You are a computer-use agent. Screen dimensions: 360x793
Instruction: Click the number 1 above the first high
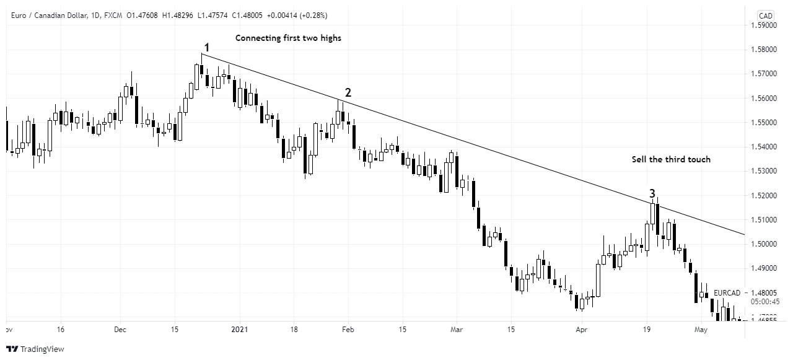pyautogui.click(x=207, y=47)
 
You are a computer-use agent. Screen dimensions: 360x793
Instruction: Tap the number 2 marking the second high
pyautogui.click(x=348, y=92)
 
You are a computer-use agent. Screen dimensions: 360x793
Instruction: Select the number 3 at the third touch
pyautogui.click(x=652, y=193)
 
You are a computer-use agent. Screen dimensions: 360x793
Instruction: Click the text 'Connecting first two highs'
pyautogui.click(x=288, y=38)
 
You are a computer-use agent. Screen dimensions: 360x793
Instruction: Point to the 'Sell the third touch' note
pyautogui.click(x=671, y=159)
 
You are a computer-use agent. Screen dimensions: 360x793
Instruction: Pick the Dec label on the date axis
pyautogui.click(x=120, y=330)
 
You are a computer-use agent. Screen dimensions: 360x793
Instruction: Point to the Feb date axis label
pyautogui.click(x=348, y=330)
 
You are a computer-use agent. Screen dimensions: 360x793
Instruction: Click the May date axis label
pyautogui.click(x=701, y=330)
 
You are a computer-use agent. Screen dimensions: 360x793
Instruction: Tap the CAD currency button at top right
pyautogui.click(x=766, y=15)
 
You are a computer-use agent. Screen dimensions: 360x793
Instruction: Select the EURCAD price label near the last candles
pyautogui.click(x=727, y=292)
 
